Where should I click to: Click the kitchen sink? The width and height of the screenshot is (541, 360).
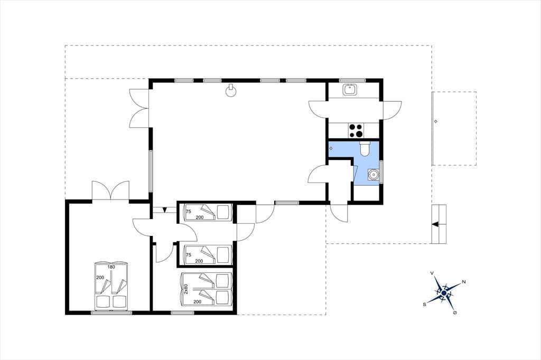point(350,90)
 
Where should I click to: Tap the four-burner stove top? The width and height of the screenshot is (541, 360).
point(356,131)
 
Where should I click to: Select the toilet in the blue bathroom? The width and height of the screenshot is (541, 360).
point(365,149)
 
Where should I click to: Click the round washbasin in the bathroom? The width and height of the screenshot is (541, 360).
point(373,175)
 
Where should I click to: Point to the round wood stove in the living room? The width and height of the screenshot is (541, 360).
point(230,90)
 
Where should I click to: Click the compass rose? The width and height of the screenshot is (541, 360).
point(444,293)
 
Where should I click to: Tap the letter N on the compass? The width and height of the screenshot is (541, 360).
point(464,282)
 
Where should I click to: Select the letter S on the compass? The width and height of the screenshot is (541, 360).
point(424,305)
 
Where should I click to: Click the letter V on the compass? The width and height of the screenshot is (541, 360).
point(432,273)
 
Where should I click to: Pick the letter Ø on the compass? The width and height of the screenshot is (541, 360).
point(455,312)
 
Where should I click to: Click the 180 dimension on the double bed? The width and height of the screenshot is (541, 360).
point(111,267)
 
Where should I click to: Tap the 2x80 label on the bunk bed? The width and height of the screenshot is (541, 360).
point(185,289)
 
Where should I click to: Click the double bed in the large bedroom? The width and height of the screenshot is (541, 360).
point(111,286)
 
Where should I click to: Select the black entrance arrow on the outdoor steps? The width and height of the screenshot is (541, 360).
point(435,224)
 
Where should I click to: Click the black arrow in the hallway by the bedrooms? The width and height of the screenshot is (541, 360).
point(165,210)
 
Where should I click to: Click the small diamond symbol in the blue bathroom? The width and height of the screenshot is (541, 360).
point(331,148)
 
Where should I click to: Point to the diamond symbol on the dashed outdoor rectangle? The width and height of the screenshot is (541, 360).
point(435,121)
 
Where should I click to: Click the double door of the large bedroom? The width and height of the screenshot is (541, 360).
point(110,190)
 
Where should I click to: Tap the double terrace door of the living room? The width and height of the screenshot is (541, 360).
point(139,108)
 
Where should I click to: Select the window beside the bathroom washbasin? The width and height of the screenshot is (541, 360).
point(381,172)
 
